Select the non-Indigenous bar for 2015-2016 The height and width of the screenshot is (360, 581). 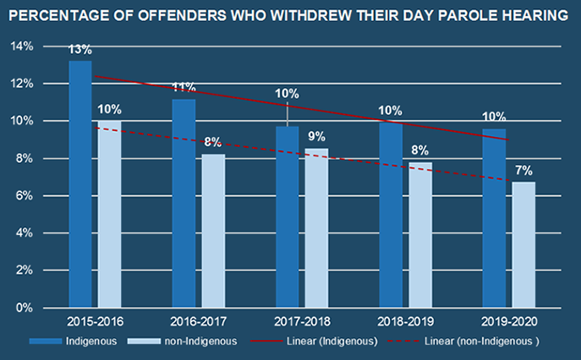click(x=109, y=215)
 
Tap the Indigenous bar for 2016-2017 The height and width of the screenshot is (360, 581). click(x=184, y=204)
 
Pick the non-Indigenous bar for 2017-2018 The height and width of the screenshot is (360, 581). click(x=316, y=228)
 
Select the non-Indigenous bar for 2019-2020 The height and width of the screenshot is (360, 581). click(x=523, y=244)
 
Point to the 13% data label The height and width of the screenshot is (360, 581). click(x=80, y=51)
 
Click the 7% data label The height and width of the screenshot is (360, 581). click(x=523, y=170)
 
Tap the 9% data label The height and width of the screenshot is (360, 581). click(x=316, y=137)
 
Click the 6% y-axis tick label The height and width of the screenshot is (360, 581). click(x=24, y=196)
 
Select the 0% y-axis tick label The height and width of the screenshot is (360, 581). click(x=24, y=308)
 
